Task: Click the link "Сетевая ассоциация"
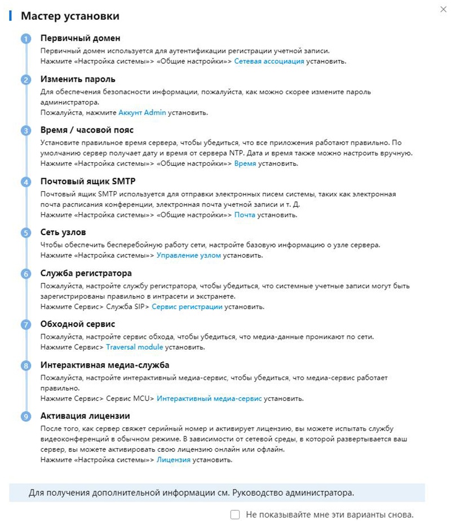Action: (269, 61)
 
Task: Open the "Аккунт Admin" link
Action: (142, 112)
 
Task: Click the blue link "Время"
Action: (245, 164)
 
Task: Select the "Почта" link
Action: (245, 215)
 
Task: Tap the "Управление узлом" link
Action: (189, 255)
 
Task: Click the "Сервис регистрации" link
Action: (187, 307)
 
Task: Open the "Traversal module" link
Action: (134, 347)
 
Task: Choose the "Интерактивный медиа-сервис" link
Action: (209, 399)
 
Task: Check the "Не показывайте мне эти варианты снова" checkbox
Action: (235, 514)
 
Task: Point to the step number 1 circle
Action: (26, 39)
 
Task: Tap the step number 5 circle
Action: (26, 233)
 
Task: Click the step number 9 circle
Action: (26, 417)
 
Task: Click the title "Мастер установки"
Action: (70, 16)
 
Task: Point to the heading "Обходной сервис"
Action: (78, 325)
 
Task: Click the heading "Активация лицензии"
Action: (85, 416)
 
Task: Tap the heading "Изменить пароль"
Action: (78, 79)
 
